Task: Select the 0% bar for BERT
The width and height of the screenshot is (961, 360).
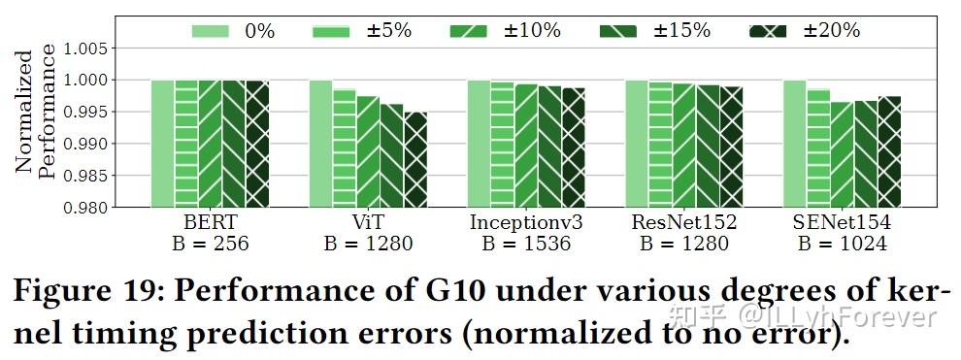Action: pos(162,143)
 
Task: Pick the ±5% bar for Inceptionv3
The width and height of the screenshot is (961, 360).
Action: pos(502,144)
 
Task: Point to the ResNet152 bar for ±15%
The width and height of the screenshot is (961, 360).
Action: pos(708,146)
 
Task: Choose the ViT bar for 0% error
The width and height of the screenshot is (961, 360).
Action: pos(320,143)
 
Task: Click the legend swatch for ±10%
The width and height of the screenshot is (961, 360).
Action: pos(467,31)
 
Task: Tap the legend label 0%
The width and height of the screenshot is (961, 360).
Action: pos(259,31)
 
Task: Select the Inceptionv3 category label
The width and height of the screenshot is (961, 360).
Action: pos(525,223)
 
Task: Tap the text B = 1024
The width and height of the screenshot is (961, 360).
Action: pos(842,244)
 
